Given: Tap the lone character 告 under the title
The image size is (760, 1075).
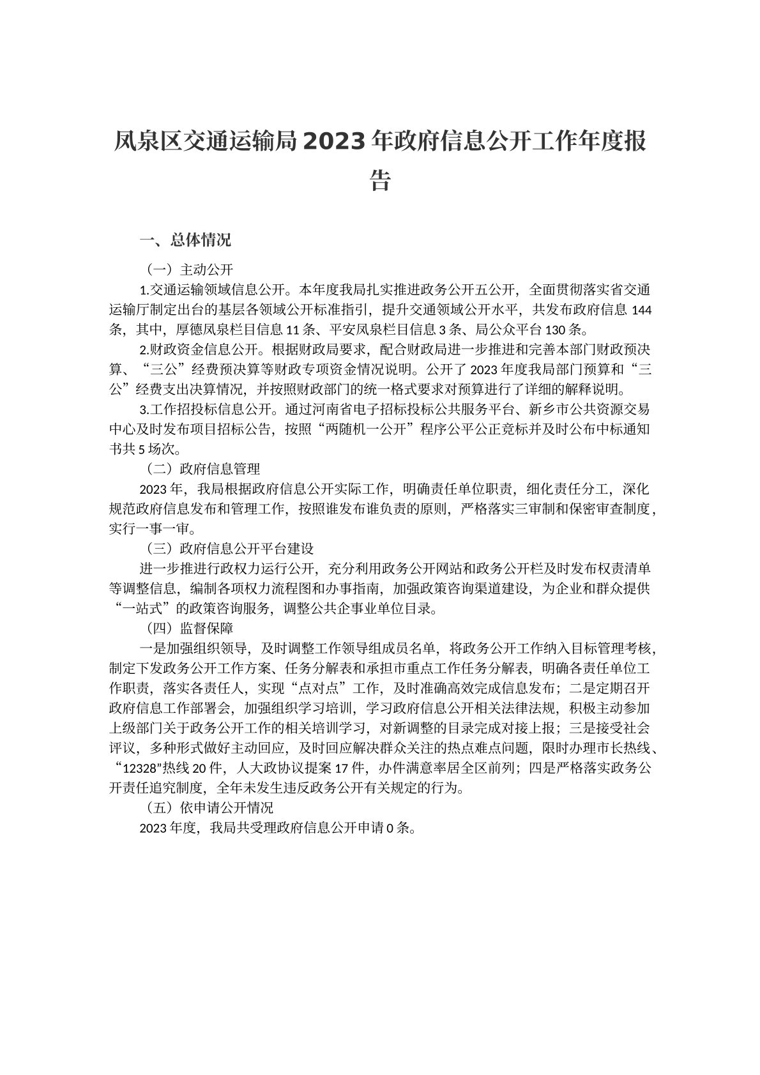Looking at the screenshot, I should tap(380, 180).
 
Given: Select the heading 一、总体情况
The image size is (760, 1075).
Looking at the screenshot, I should tap(185, 240).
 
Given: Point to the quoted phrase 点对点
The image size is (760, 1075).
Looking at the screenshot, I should tap(318, 689).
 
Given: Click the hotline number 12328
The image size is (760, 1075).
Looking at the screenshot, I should tap(135, 768).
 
